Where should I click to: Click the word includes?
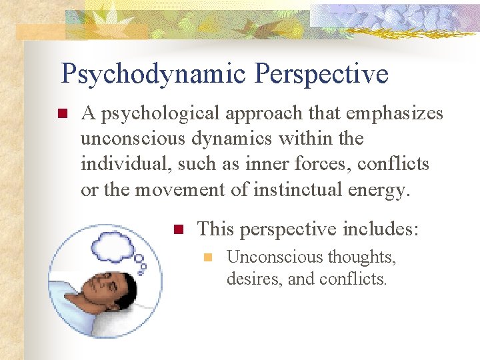click(380, 229)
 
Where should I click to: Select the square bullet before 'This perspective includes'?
click(178, 230)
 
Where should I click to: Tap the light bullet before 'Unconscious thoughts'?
click(207, 257)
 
